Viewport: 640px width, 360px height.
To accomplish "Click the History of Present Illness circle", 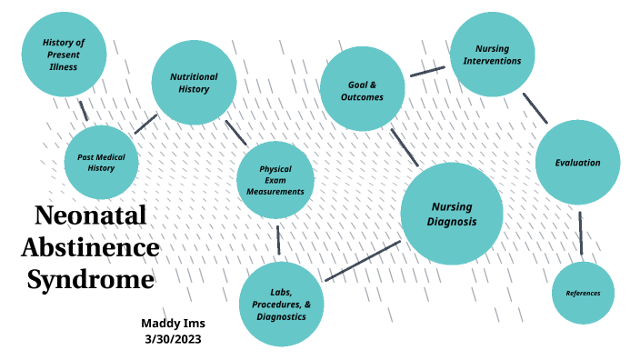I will click(x=64, y=55).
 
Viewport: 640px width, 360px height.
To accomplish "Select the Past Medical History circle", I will click(x=101, y=162).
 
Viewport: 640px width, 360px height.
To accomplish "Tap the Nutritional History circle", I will click(x=194, y=83).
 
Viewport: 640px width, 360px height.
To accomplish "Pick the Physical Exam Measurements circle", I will click(x=275, y=180).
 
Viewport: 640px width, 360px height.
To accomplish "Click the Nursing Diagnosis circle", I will click(x=452, y=214).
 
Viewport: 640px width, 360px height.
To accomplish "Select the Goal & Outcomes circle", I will click(x=362, y=90).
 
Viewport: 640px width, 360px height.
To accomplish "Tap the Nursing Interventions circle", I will click(x=497, y=55).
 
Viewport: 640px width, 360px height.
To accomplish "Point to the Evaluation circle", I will click(x=577, y=163).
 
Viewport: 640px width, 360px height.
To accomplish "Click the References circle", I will click(x=583, y=293).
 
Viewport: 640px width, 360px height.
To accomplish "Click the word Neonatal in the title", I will click(x=90, y=216).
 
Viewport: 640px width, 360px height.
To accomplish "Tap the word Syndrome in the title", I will click(x=90, y=279).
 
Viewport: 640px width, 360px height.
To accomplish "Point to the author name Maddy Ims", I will click(x=172, y=323).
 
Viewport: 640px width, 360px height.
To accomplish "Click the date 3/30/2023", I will click(x=172, y=339).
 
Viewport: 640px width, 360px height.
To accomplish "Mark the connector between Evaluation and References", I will click(x=580, y=234).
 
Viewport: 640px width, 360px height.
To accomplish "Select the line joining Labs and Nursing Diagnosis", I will click(x=362, y=261).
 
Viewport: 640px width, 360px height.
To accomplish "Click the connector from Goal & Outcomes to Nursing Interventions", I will click(x=427, y=71).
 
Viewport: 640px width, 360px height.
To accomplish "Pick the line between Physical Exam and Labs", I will click(x=278, y=239).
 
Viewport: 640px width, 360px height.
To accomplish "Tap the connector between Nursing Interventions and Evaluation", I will click(x=535, y=107).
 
